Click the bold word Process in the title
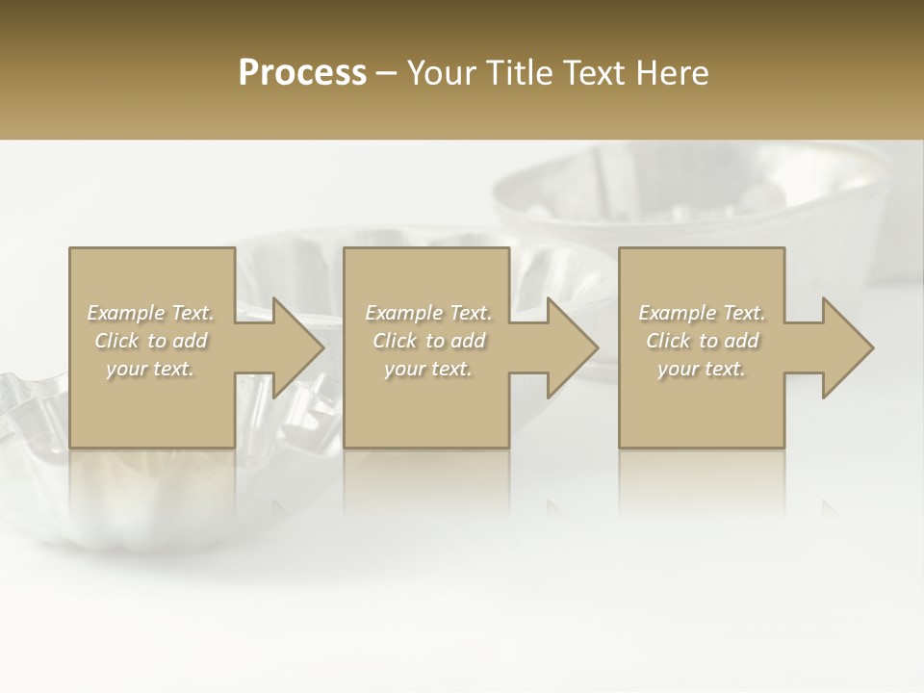(302, 73)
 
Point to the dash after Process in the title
(386, 74)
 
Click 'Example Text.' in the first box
(151, 313)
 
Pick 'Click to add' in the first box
(151, 341)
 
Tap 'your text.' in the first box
(151, 369)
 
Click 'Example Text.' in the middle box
(428, 313)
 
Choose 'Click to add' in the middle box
(428, 341)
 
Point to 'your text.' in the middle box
(428, 369)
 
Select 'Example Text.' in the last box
(702, 313)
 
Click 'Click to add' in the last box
(702, 341)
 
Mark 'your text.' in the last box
(702, 369)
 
